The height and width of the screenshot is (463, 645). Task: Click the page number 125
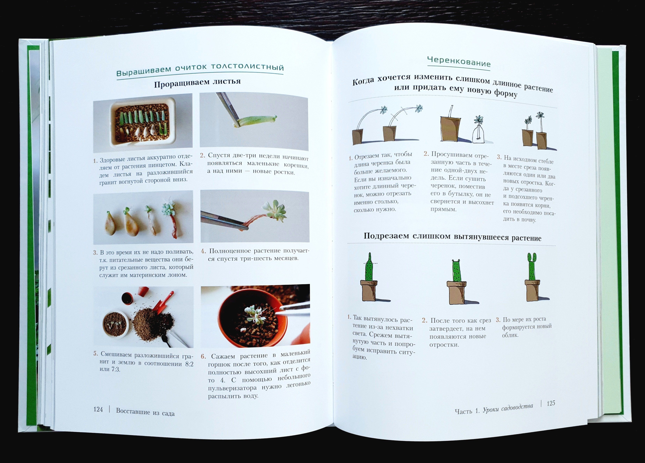coord(551,403)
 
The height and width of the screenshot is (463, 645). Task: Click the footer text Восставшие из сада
coord(145,412)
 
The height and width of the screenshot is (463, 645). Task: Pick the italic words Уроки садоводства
coord(508,407)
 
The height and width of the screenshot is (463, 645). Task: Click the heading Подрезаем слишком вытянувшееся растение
coord(452,237)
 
